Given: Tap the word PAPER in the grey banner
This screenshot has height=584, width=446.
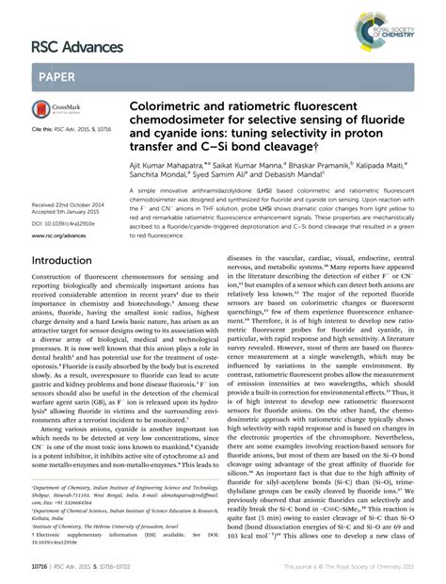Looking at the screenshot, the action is coord(57,77).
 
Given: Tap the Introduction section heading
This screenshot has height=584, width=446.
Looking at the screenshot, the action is coord(68,260).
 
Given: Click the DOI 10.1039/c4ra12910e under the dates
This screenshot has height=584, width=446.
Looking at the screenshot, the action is coord(64,223).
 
